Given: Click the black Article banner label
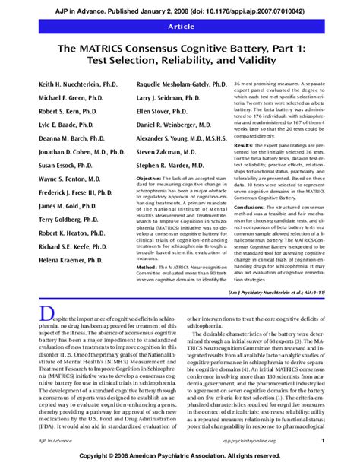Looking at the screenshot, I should point(180,27).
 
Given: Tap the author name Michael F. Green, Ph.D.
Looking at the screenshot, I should point(68,99).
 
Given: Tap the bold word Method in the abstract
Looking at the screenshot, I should point(147,268).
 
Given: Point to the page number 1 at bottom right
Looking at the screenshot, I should point(323,440).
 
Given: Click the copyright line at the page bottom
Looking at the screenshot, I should point(180,455).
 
